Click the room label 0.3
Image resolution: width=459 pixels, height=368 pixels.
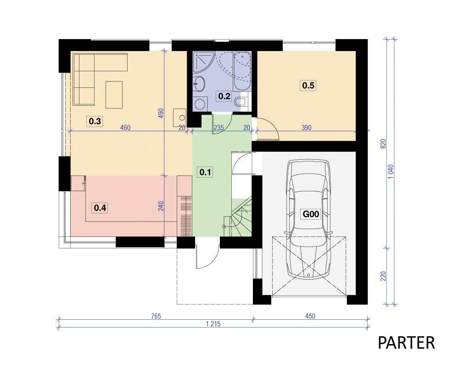95,121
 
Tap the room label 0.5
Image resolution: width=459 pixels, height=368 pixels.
308,86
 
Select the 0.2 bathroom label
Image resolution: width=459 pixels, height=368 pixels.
224,96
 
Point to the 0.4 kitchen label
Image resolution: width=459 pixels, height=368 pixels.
100,208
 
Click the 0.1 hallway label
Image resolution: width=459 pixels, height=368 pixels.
205,172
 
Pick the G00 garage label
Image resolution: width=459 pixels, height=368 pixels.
311,214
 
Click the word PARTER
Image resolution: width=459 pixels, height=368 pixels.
406,343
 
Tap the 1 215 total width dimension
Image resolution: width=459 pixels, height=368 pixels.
213,324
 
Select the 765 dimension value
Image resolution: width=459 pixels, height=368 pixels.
156,316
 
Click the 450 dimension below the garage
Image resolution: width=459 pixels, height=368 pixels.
310,316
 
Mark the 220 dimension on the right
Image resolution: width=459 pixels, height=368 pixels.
383,276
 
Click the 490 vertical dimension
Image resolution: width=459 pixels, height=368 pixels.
161,113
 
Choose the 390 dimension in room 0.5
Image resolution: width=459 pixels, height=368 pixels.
306,128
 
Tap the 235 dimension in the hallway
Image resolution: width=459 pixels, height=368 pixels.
219,128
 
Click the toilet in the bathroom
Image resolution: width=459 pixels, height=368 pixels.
241,101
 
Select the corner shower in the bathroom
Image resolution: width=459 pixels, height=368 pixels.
203,62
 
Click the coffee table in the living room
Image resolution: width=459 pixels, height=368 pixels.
114,95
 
